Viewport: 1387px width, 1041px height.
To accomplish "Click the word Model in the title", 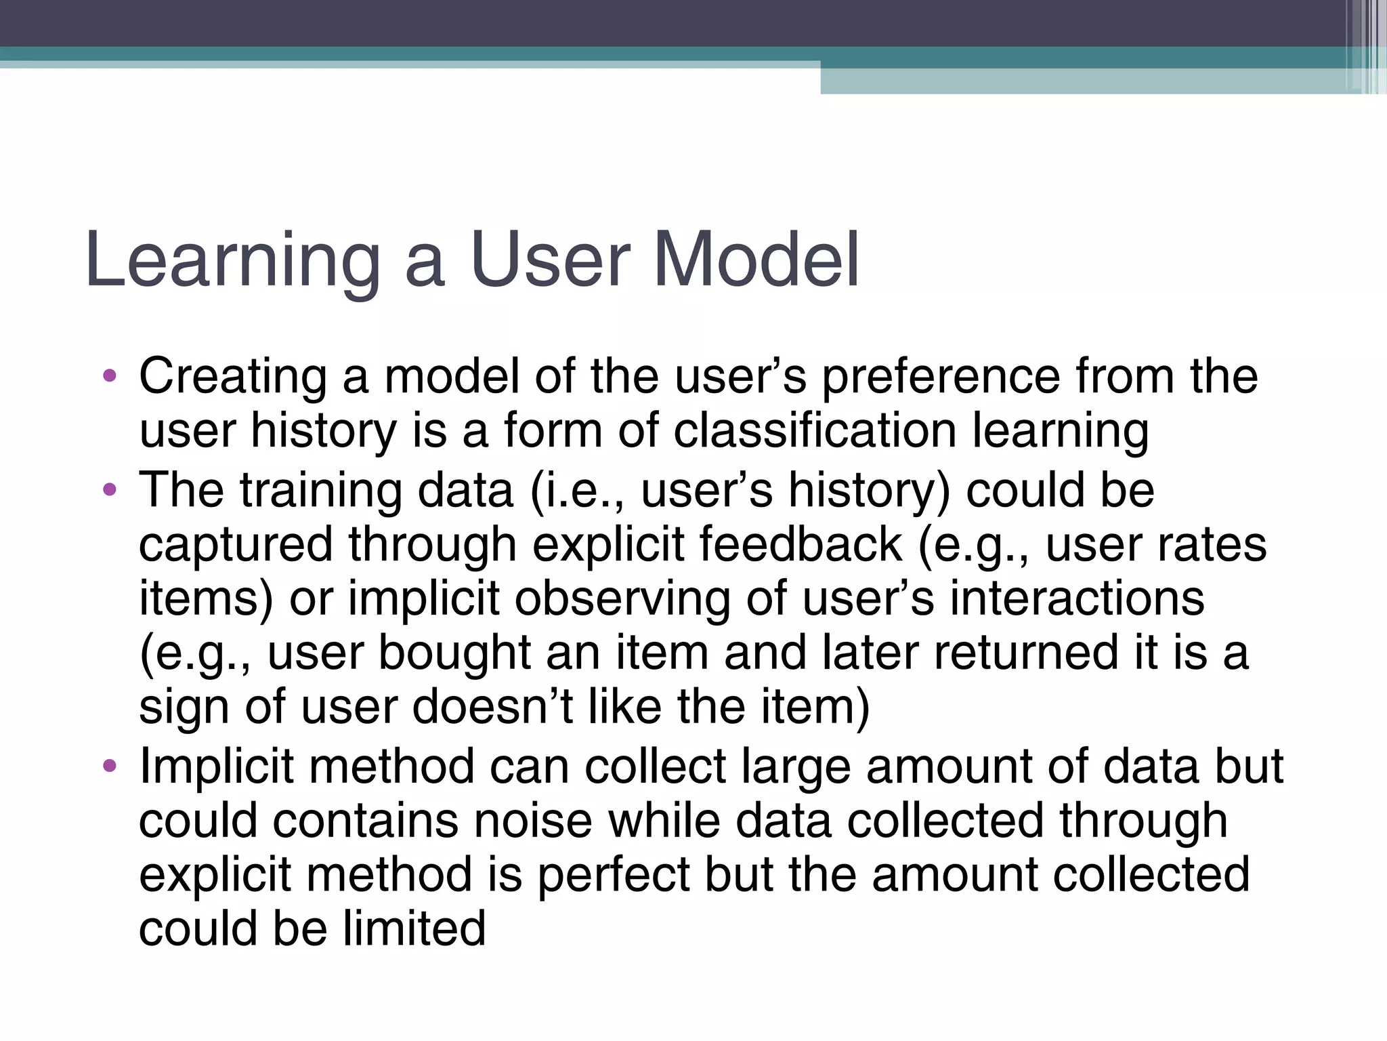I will coord(756,260).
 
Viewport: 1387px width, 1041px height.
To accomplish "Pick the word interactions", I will coord(1077,599).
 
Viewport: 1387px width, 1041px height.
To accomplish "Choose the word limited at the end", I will coord(414,928).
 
